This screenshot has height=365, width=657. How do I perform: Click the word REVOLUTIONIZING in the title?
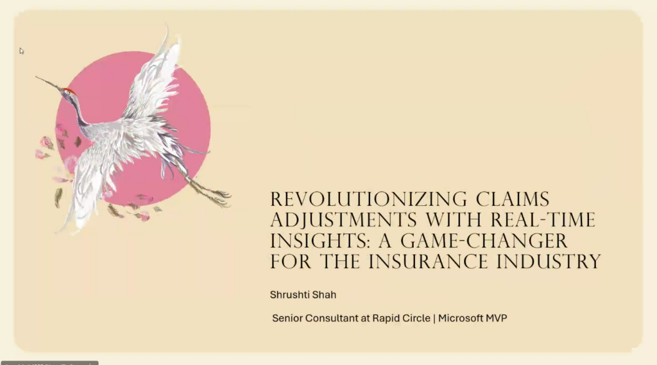point(368,199)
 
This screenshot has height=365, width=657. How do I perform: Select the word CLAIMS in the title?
point(513,199)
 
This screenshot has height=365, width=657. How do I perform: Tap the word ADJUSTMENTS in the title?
point(344,221)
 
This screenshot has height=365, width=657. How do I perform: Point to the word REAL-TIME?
point(543,220)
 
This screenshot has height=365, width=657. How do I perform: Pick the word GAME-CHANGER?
point(484,241)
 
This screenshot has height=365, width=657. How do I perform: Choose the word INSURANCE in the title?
point(428,262)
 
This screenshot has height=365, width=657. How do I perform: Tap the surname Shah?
point(323,295)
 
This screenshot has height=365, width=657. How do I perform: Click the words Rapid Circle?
point(402,318)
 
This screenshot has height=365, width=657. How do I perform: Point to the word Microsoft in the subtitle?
point(461,318)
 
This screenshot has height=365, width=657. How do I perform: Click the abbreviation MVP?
point(497,318)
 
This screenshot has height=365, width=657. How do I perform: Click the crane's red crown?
point(68,90)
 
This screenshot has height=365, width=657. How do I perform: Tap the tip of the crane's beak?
point(36,76)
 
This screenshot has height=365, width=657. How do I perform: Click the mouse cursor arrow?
point(21,51)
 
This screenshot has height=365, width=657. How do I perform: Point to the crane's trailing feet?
point(216,197)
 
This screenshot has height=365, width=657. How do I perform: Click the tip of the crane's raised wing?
point(167,26)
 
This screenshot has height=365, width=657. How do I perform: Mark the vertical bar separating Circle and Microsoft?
point(434,318)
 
